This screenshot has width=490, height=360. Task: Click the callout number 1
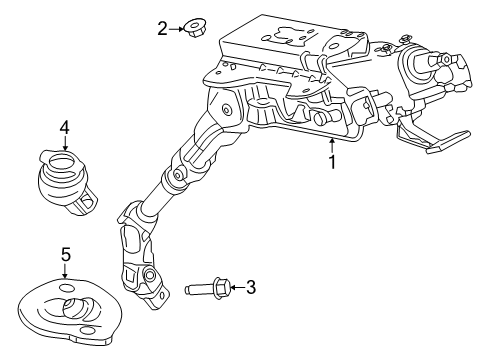click(x=331, y=160)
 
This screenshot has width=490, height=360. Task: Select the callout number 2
click(x=163, y=28)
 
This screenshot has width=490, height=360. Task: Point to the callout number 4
click(x=64, y=127)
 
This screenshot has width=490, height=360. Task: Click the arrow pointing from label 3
click(x=236, y=289)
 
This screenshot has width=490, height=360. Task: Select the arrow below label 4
click(x=64, y=142)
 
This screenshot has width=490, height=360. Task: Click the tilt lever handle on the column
click(x=434, y=140)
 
